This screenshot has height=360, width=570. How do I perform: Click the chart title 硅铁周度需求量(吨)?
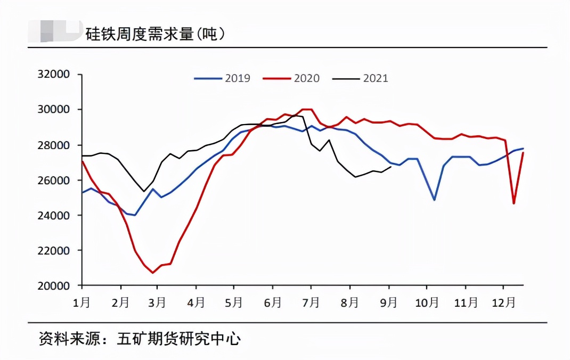(x=155, y=34)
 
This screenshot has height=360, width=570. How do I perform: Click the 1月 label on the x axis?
(x=82, y=302)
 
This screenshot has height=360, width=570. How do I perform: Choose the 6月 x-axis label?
(x=272, y=302)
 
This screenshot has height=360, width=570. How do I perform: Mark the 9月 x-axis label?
(x=389, y=302)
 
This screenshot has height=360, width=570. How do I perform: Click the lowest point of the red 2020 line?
(x=153, y=273)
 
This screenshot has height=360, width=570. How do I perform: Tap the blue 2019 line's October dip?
(x=434, y=200)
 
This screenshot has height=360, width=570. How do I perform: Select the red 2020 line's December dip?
(x=514, y=203)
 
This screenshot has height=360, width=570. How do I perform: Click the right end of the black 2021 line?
(x=392, y=167)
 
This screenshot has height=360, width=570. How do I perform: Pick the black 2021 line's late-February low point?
(x=144, y=191)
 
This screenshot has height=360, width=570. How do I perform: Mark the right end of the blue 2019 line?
(x=523, y=149)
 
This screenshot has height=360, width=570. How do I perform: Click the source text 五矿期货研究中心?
(x=178, y=339)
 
